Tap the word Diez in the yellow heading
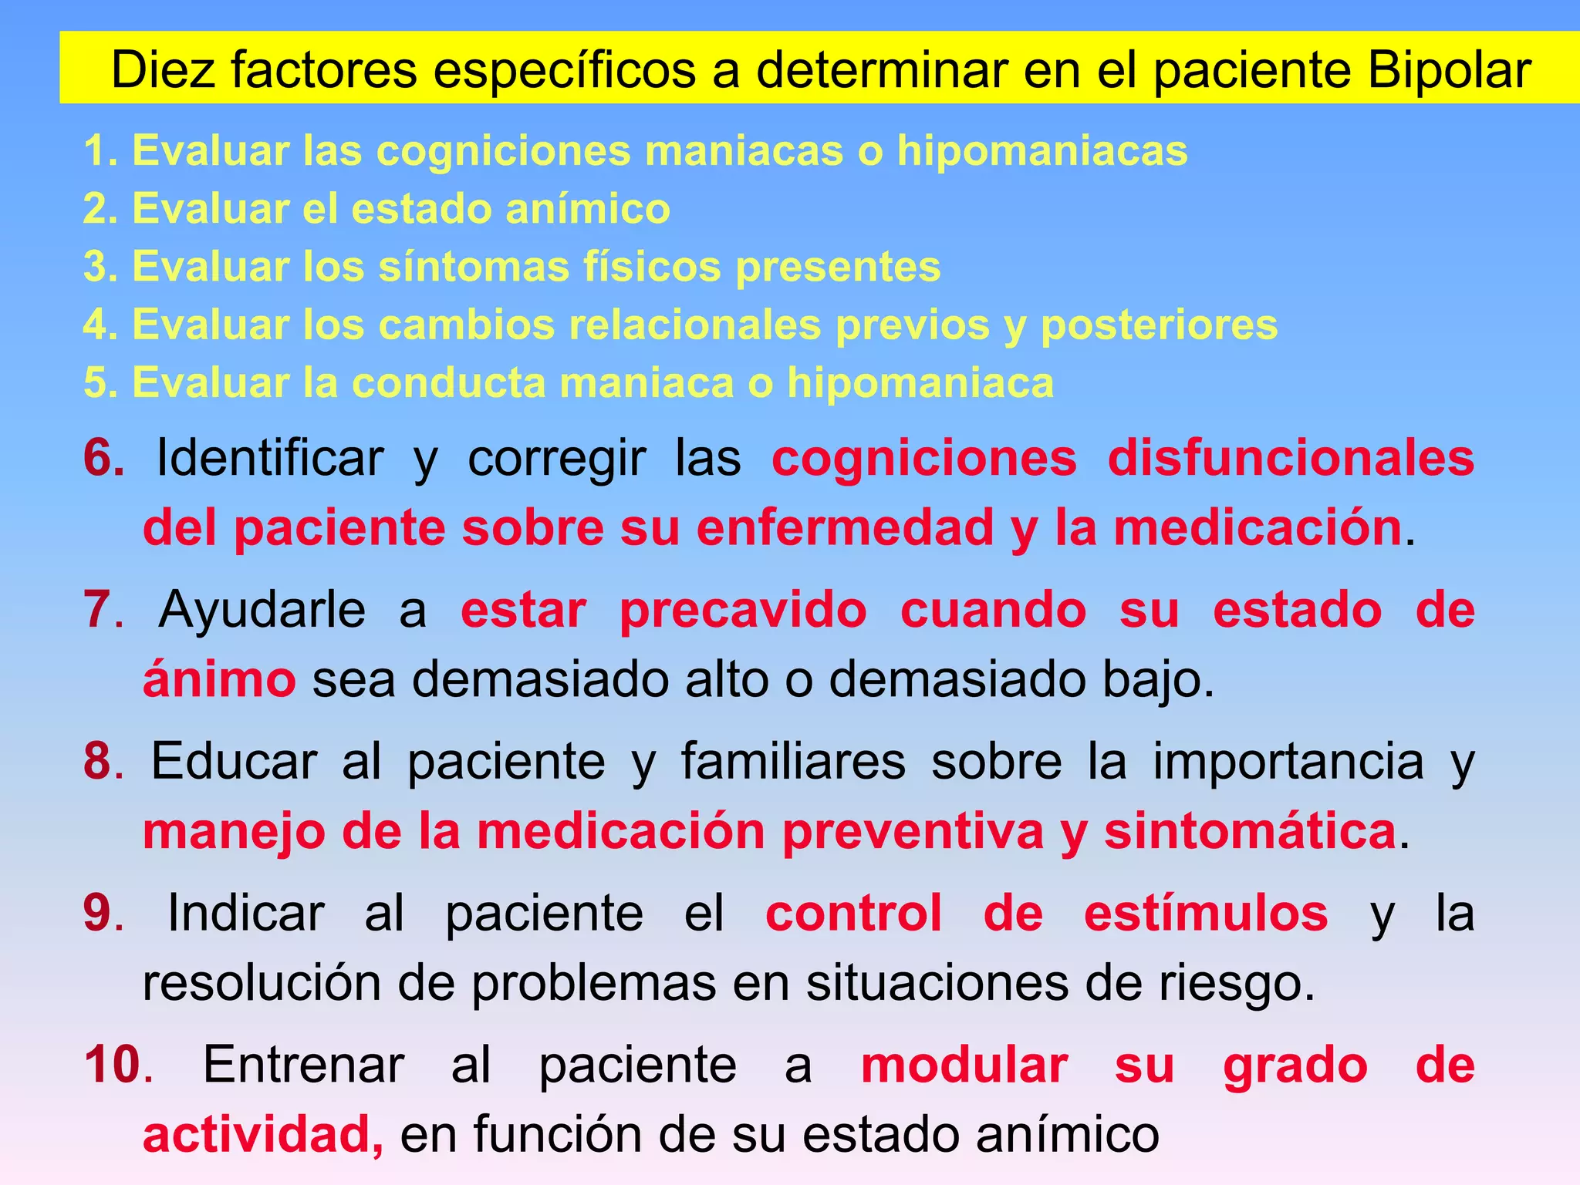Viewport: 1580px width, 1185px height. (x=163, y=70)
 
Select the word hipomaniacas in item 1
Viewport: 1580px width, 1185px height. (x=1042, y=150)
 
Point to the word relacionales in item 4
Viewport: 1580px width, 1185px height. (x=694, y=325)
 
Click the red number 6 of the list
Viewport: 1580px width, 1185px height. (x=103, y=457)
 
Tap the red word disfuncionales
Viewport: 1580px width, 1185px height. (x=1291, y=458)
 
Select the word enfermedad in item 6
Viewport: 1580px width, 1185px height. (x=845, y=528)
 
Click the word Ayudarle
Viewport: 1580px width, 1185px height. (x=262, y=609)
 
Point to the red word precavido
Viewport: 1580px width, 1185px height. (x=743, y=610)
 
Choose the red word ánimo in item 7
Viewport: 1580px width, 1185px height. (x=219, y=679)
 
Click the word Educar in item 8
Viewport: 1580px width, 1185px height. (x=234, y=761)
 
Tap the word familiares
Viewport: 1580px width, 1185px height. (x=793, y=761)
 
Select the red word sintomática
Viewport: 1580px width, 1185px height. (x=1250, y=831)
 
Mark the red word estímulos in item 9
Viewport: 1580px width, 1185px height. (x=1205, y=913)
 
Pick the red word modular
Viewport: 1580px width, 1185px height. (x=964, y=1065)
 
